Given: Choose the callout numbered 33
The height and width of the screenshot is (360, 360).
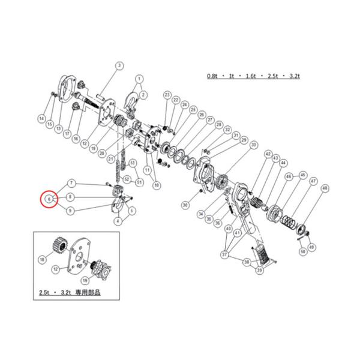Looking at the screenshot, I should click(x=254, y=145).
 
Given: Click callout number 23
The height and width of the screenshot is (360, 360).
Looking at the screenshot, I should click(x=167, y=94).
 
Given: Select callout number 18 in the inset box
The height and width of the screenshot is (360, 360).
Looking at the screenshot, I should click(x=41, y=259).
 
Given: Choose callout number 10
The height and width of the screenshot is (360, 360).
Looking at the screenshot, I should click(x=156, y=186).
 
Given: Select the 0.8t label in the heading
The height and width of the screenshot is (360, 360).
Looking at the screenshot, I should click(x=213, y=77).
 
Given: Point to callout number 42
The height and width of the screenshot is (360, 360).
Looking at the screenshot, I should click(x=268, y=154).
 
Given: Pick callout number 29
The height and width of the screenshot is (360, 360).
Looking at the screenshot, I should click(x=244, y=140).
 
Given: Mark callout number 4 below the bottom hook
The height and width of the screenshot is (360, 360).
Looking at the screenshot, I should click(x=118, y=221).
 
